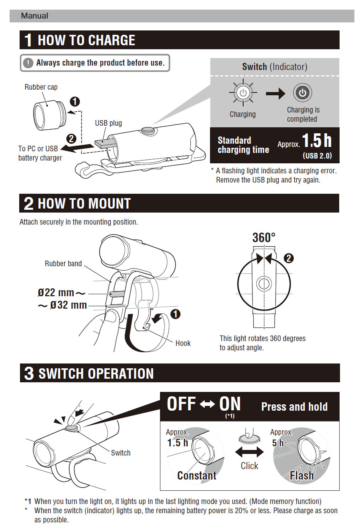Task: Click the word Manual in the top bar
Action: [34, 16]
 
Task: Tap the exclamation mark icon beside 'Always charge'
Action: [28, 63]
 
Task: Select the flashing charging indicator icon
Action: [243, 92]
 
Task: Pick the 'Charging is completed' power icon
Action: [302, 92]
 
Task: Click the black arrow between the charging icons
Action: [275, 94]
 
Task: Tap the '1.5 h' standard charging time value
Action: [316, 141]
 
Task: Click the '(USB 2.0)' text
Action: [317, 156]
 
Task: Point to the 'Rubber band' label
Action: [63, 263]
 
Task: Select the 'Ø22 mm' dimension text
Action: [56, 293]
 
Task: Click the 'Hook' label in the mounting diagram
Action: [183, 343]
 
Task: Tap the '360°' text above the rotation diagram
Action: [264, 238]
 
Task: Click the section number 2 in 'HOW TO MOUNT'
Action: [28, 203]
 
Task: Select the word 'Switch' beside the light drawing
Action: [120, 453]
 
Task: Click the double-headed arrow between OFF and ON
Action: [207, 404]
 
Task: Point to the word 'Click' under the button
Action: [249, 466]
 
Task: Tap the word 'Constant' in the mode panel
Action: [196, 476]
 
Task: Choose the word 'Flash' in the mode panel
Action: [302, 476]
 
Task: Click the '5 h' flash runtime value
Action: [278, 443]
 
